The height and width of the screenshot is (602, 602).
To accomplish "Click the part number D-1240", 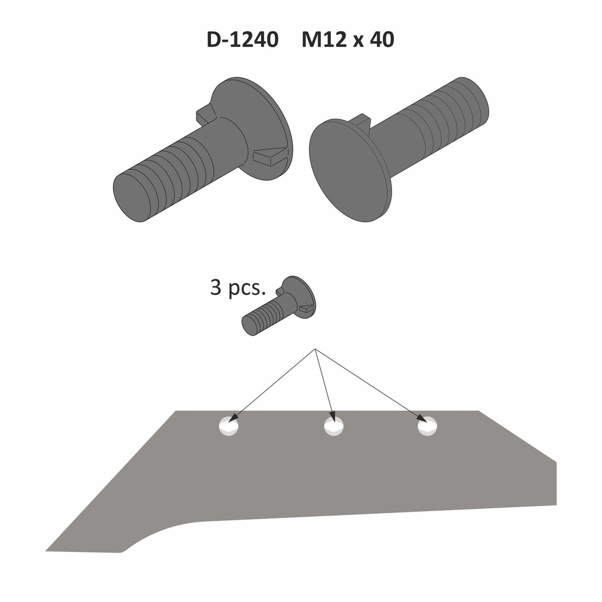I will point(242,40).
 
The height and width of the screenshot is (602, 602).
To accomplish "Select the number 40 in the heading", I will point(380,40).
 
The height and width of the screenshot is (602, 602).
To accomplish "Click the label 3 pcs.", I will point(238,289).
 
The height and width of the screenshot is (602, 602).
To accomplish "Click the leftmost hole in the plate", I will point(229,426).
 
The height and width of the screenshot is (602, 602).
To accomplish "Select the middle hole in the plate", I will point(333,426).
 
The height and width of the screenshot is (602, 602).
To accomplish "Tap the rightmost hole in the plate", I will point(427,426).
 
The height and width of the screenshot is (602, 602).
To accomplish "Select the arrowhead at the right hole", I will point(423,419).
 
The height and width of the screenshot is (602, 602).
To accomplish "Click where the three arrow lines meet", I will point(316,350).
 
